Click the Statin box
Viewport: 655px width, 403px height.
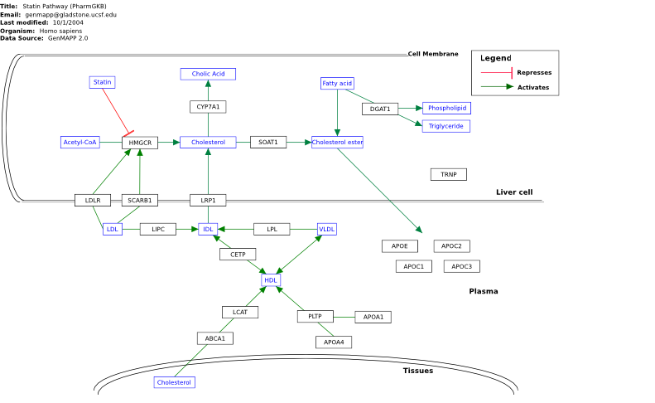tap(103, 82)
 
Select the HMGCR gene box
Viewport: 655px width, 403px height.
tap(140, 143)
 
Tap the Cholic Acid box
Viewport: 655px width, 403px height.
tap(208, 74)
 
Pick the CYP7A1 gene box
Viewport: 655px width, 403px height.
tap(208, 107)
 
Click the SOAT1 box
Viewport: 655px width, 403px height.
tap(268, 143)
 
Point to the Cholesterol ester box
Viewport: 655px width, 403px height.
tap(338, 143)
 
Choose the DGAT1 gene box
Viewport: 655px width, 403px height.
tap(380, 109)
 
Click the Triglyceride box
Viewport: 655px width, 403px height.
tap(446, 126)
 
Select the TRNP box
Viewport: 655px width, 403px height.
tap(449, 174)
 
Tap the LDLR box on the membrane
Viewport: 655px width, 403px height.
tap(93, 201)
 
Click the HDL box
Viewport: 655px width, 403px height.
tap(271, 280)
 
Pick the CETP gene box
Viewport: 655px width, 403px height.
tap(238, 255)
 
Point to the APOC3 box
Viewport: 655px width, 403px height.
tap(461, 266)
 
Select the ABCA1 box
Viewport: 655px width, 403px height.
tap(215, 338)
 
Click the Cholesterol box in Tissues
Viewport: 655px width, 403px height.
tap(174, 382)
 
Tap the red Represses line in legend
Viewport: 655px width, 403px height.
tap(497, 73)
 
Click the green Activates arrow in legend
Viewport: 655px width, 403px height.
tap(497, 87)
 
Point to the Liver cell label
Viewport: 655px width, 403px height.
tap(514, 192)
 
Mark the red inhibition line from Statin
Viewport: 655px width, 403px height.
tap(116, 111)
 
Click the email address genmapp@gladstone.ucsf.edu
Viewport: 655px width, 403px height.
tap(70, 15)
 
